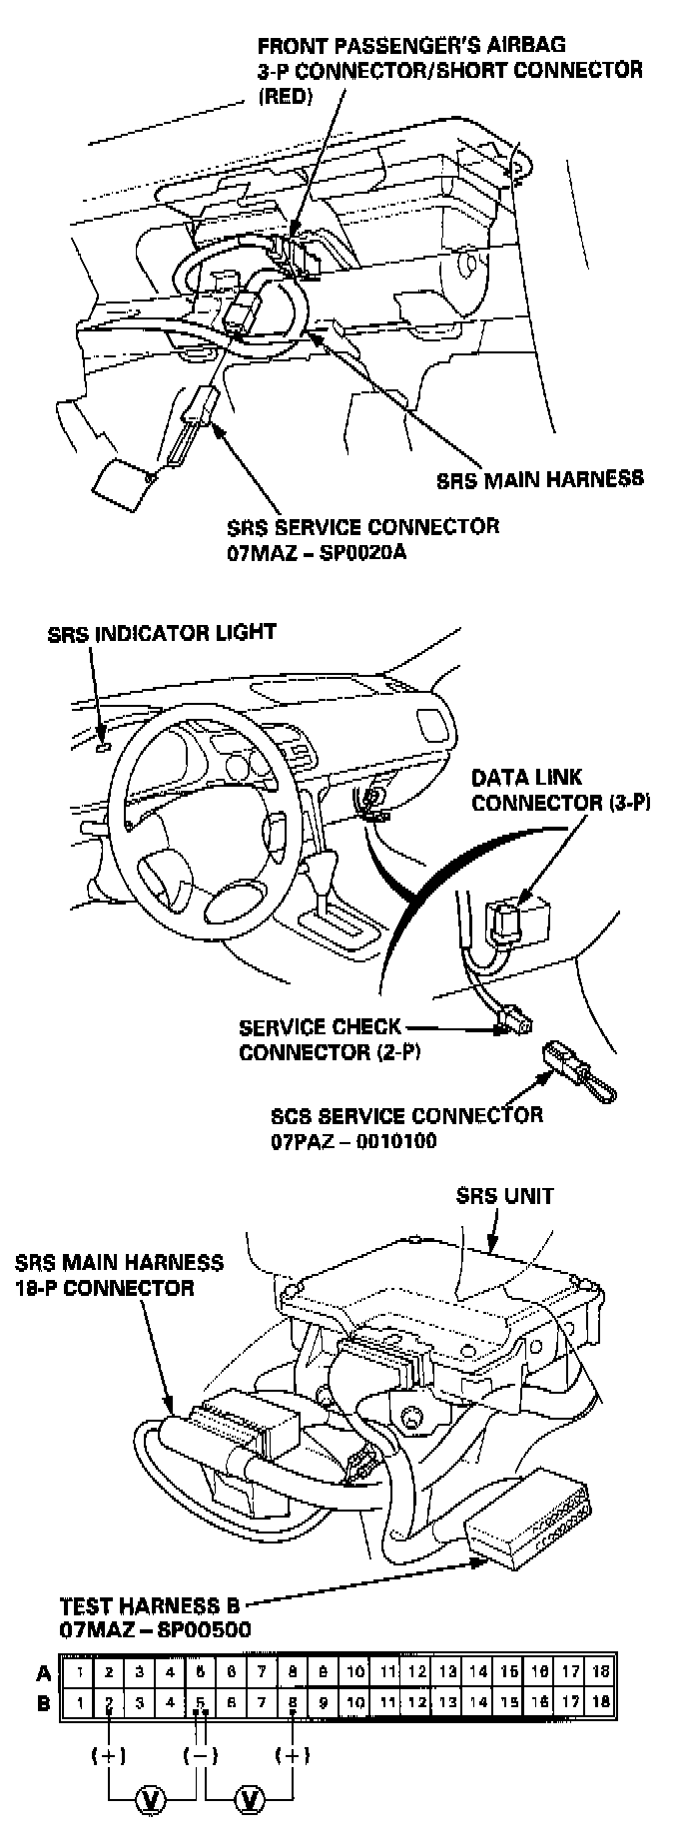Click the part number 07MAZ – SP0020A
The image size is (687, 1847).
click(316, 552)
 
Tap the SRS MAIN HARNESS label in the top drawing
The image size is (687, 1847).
click(540, 478)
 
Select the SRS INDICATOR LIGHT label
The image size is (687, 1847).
click(162, 633)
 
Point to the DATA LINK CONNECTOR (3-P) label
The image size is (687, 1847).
click(560, 790)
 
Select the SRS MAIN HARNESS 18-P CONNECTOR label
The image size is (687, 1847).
click(119, 1275)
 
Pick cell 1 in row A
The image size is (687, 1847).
click(78, 1671)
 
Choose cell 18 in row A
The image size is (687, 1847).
click(601, 1671)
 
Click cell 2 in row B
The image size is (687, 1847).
click(109, 1701)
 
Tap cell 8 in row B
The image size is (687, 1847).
click(293, 1701)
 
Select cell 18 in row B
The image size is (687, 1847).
click(601, 1701)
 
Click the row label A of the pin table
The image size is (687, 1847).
click(44, 1672)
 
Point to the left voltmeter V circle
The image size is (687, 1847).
click(152, 1799)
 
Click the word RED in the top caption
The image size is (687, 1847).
click(285, 98)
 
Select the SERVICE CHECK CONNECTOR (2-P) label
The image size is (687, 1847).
click(320, 1039)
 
